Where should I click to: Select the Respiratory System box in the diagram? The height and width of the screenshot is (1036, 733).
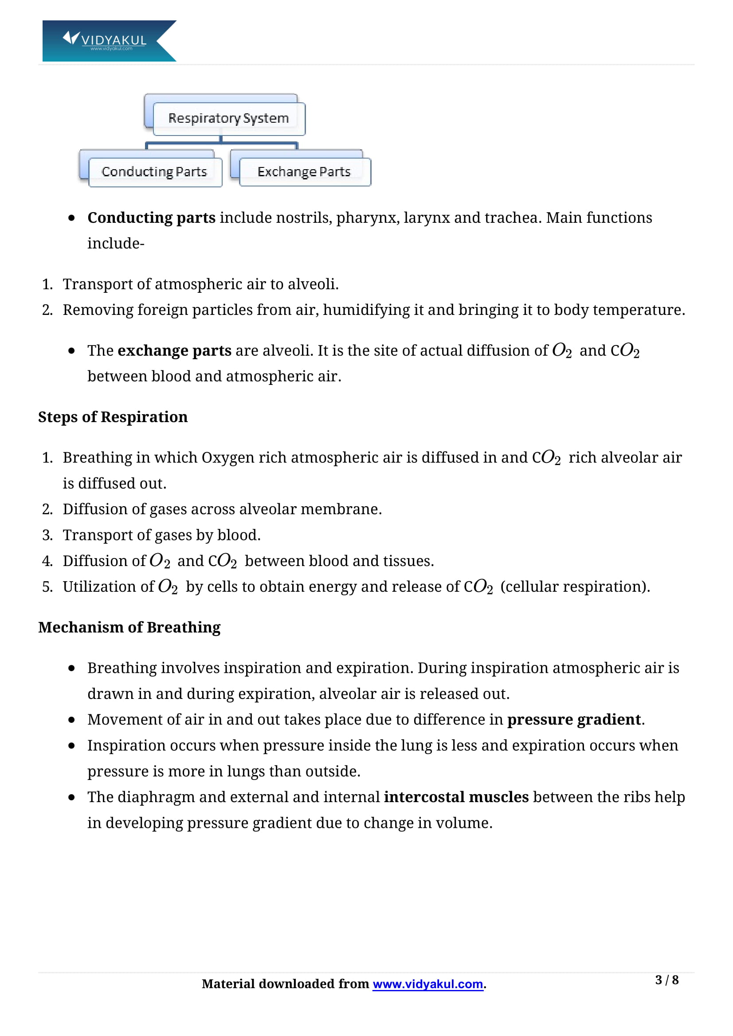(228, 119)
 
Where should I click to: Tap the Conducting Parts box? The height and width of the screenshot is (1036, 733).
(154, 172)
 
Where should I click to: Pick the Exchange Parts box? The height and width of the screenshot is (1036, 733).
(304, 172)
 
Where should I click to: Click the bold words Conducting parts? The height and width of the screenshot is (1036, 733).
(151, 218)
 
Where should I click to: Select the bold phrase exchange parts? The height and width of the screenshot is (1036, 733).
(174, 351)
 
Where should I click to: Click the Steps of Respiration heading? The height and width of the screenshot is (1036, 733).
(113, 417)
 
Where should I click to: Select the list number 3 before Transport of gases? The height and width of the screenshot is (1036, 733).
(47, 535)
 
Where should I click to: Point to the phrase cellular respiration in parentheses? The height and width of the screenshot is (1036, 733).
(575, 586)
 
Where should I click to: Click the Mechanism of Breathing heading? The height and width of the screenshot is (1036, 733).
(129, 627)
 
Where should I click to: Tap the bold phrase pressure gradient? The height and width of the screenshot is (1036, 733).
(573, 720)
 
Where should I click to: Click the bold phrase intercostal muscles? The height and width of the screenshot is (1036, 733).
(456, 797)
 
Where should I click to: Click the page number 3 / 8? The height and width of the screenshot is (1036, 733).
(666, 980)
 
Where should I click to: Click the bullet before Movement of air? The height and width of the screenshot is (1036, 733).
(71, 720)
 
